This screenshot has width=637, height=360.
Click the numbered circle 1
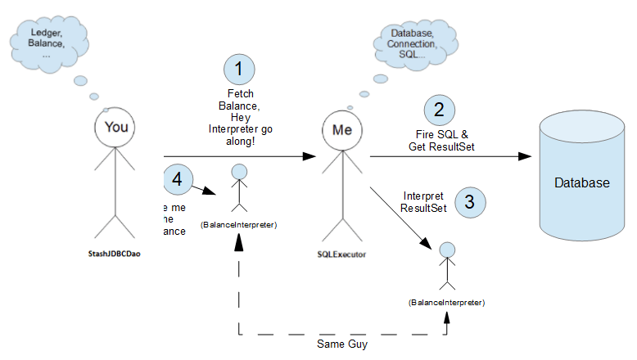239,70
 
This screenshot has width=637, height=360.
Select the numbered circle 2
439,110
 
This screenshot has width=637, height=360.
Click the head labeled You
117,128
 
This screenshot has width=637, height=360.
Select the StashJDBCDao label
117,254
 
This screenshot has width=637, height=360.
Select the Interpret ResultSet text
423,201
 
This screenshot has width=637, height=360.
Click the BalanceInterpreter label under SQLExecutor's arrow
446,303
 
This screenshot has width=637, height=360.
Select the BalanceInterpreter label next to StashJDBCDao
237,224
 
